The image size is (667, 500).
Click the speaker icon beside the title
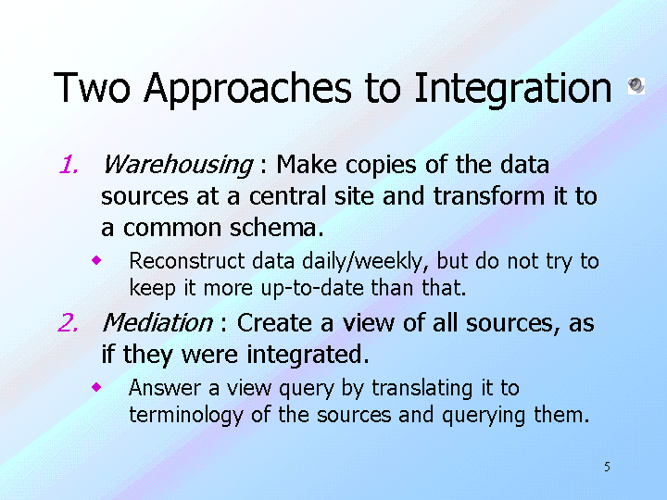(636, 86)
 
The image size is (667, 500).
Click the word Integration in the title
(512, 89)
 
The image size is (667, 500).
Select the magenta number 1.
(69, 165)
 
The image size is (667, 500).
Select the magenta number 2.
(68, 323)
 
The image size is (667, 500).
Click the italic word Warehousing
(178, 165)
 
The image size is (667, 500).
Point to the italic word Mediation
(157, 323)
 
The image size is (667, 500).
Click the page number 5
(607, 467)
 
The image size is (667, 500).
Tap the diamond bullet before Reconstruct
(96, 260)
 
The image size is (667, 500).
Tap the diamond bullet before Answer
(96, 387)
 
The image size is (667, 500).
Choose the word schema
(276, 228)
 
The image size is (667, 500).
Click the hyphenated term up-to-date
(312, 289)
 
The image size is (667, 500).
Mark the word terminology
(186, 416)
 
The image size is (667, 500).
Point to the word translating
(422, 389)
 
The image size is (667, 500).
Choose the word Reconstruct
(187, 261)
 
